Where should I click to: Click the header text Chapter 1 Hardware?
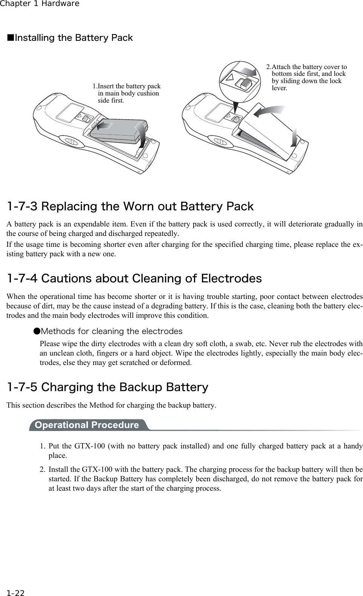point(40,4)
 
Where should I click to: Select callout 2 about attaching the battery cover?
point(306,77)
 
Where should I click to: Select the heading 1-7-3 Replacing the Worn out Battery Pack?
point(130,206)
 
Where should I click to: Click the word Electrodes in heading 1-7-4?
point(231,279)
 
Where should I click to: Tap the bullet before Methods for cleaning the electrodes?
point(36,331)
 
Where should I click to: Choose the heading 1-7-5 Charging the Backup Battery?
point(108,387)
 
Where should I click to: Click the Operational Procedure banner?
point(87,425)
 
